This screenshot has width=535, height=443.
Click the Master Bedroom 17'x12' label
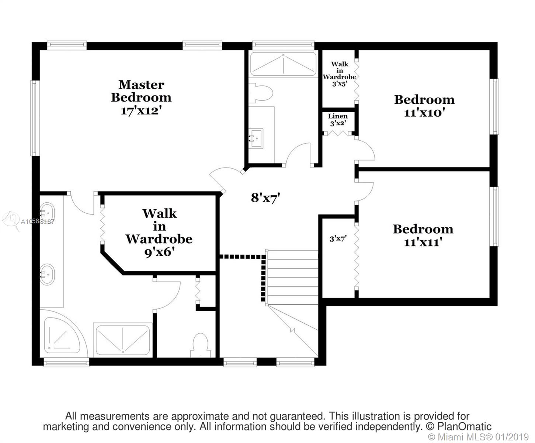[x=141, y=98]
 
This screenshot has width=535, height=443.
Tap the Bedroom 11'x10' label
[x=424, y=106]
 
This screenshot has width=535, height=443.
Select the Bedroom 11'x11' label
[x=423, y=236]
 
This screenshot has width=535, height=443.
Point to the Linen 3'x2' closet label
[x=338, y=120]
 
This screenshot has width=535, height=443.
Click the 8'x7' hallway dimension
[x=265, y=198]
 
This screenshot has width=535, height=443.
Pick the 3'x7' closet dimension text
[x=338, y=239]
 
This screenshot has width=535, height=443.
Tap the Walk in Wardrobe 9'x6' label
[x=159, y=233]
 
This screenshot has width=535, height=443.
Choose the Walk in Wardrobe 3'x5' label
[x=340, y=74]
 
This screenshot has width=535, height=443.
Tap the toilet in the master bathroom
[x=200, y=345]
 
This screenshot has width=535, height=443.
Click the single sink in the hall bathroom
[x=256, y=138]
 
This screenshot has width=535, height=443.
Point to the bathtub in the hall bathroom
[x=284, y=64]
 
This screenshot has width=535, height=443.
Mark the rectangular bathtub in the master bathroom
[x=123, y=340]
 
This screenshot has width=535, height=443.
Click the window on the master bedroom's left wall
[x=35, y=118]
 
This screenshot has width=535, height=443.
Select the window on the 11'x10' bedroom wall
[x=494, y=106]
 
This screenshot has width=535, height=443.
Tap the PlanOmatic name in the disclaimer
[x=464, y=427]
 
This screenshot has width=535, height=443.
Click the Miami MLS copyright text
[x=479, y=437]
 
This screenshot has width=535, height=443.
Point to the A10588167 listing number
[x=37, y=221]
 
